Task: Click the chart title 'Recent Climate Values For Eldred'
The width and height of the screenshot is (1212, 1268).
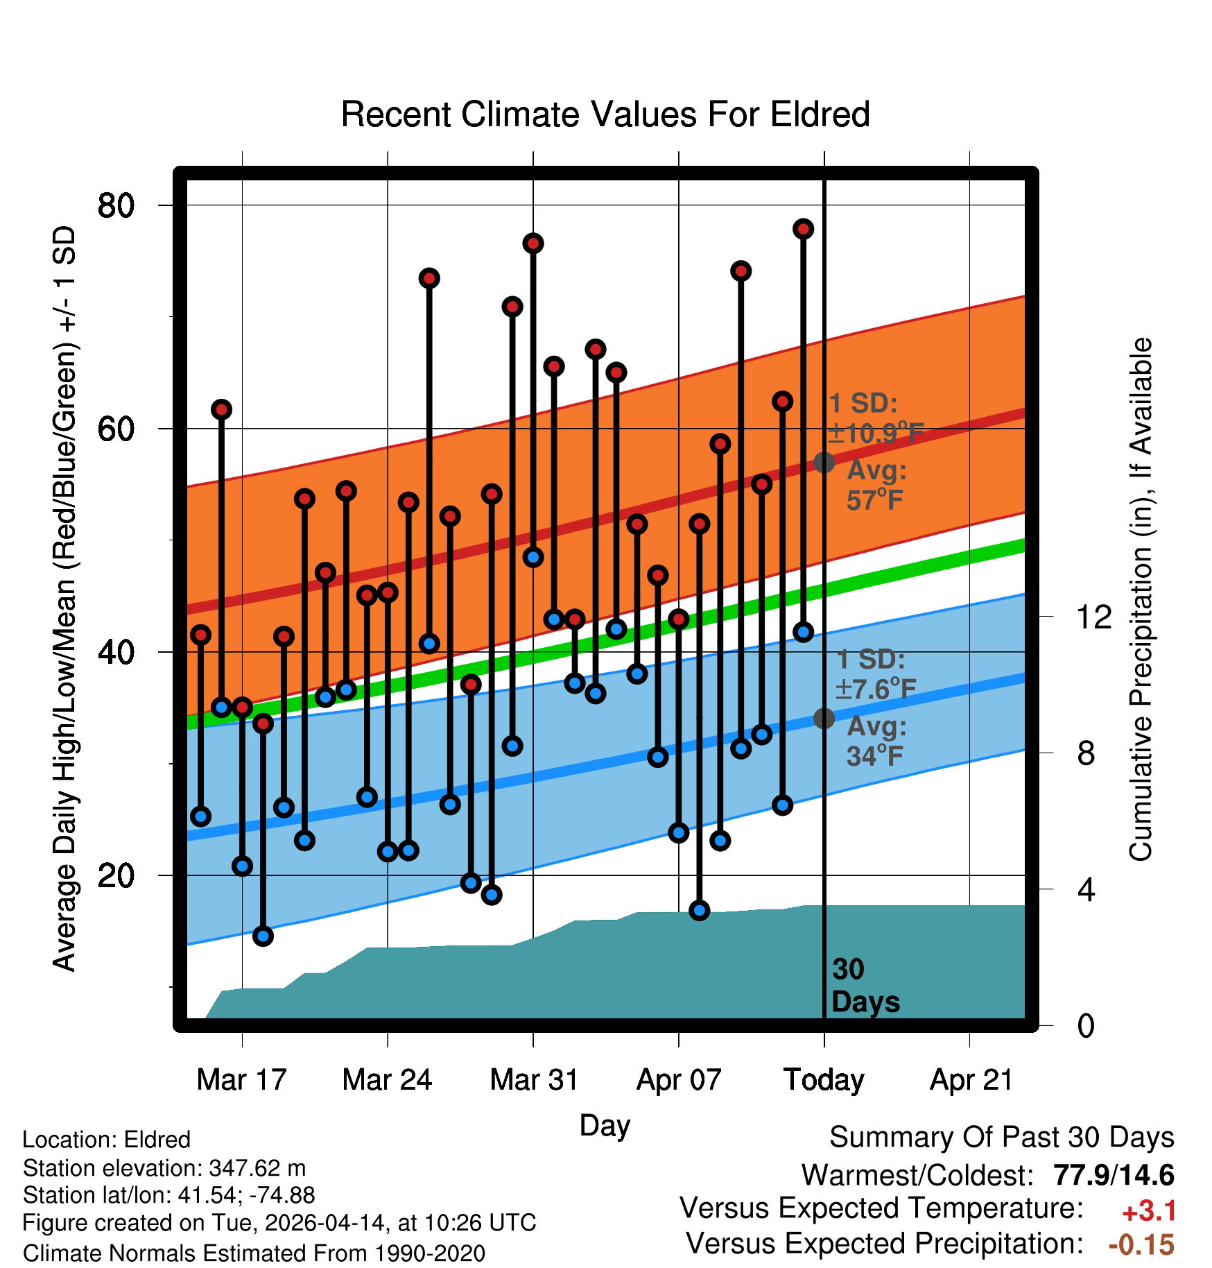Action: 605,114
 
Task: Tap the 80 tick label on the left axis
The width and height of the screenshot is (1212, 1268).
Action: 116,205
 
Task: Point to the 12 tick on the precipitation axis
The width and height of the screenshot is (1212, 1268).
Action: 1093,617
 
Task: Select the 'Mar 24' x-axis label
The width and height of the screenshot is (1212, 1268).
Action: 387,1080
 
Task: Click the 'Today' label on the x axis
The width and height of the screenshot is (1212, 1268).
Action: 824,1080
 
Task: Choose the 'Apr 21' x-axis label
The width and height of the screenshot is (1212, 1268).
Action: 971,1080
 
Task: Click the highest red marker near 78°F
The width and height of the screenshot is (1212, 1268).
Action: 803,229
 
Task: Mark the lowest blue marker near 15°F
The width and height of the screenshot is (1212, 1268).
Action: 263,936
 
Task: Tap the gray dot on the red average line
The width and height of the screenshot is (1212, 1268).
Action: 824,462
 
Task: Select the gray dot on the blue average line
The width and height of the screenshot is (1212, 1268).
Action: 824,718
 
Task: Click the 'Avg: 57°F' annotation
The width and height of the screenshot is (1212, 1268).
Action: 876,485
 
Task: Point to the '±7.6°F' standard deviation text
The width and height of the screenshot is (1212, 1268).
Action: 876,689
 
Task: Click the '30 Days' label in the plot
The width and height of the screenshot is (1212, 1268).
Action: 865,986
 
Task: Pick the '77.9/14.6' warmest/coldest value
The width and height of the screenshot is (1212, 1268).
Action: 1114,1175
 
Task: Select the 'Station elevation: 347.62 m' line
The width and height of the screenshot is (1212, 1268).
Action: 164,1168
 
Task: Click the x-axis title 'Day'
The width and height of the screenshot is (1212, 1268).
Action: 605,1125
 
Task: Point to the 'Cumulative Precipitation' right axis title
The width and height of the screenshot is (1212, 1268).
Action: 1141,600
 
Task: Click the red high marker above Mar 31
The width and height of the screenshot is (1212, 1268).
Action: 533,243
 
